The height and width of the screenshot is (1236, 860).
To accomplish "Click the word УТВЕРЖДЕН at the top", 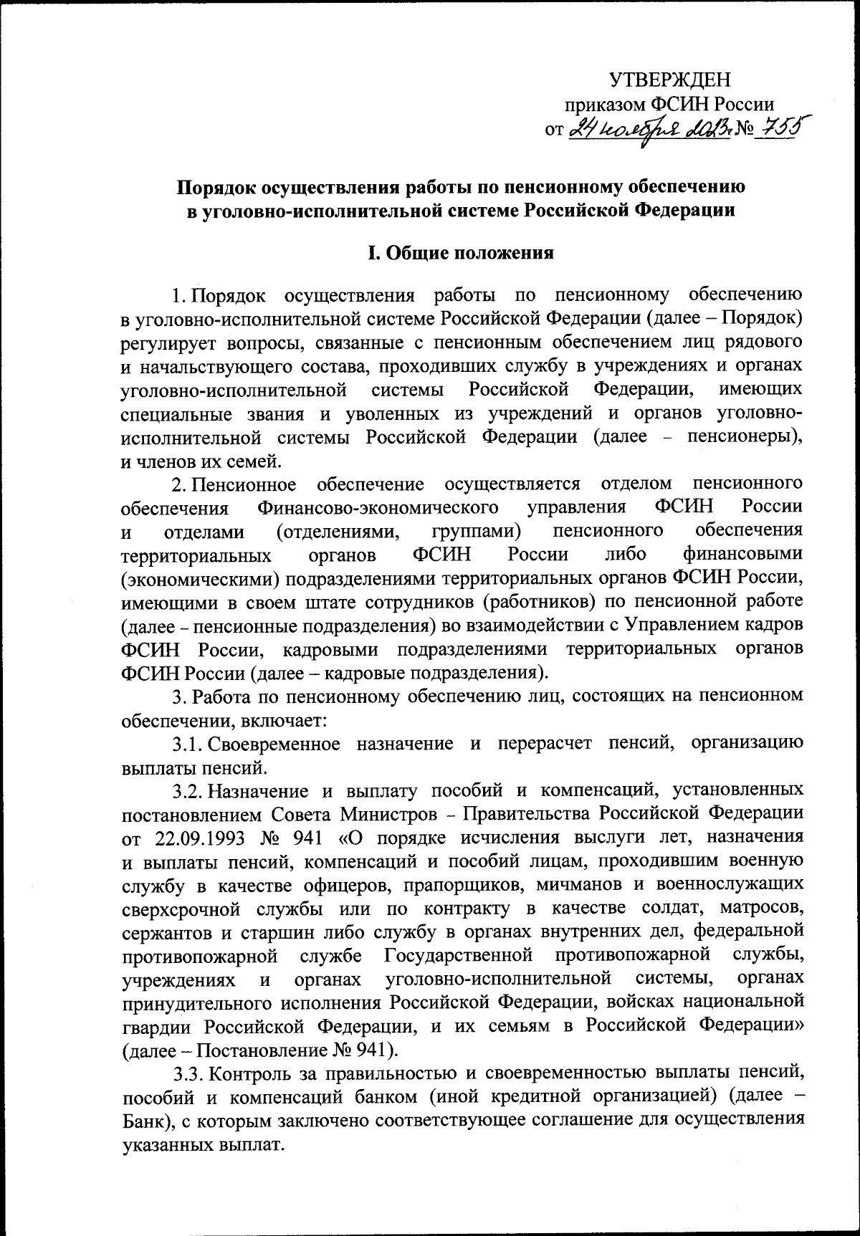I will [669, 80].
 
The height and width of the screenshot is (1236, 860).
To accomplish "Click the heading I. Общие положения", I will [461, 253].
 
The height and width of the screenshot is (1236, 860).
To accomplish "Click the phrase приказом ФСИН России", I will [669, 105].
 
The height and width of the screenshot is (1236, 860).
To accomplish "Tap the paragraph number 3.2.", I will [188, 790].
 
